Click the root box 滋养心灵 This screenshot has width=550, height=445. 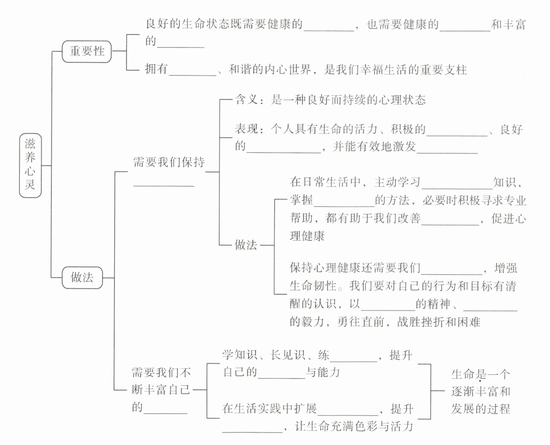(x=30, y=165)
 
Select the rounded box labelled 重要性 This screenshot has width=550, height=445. (x=87, y=51)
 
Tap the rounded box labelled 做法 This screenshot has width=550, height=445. (x=82, y=277)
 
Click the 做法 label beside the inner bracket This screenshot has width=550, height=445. (x=246, y=245)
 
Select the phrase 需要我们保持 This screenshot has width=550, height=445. (x=169, y=162)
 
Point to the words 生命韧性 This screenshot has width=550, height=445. (x=313, y=286)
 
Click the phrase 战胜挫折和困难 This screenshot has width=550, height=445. (x=438, y=322)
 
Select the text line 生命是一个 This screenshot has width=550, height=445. (x=480, y=374)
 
